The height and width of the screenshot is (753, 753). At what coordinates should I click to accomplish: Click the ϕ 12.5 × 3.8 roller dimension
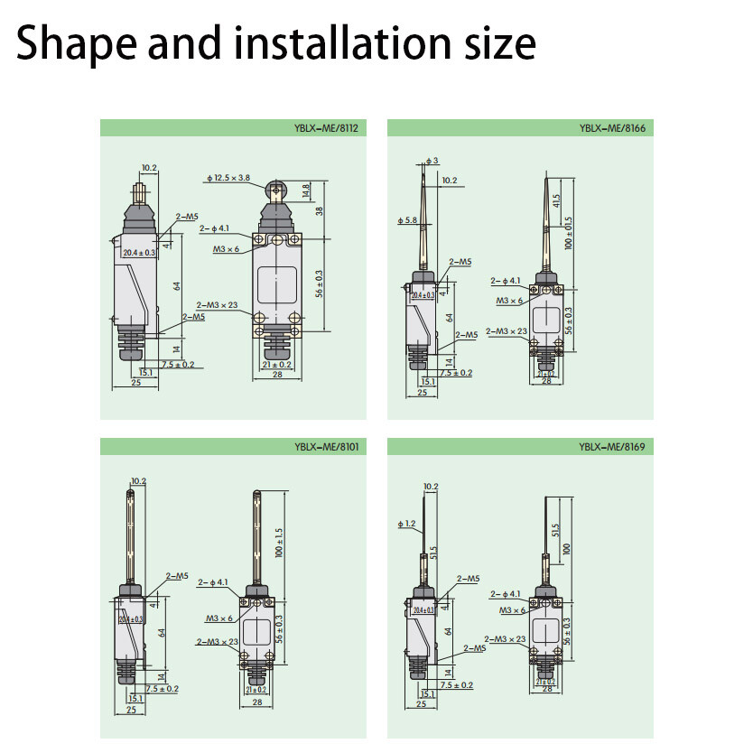pyautogui.click(x=228, y=179)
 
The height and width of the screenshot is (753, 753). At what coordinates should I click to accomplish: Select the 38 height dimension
pyautogui.click(x=319, y=210)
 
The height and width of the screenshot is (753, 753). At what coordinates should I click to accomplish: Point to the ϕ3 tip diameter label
pyautogui.click(x=432, y=161)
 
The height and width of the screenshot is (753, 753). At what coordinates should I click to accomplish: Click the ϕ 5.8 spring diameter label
pyautogui.click(x=407, y=220)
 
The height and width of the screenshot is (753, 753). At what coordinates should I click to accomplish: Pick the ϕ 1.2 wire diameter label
pyautogui.click(x=405, y=524)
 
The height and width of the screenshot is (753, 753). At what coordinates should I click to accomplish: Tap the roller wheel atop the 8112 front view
pyautogui.click(x=277, y=190)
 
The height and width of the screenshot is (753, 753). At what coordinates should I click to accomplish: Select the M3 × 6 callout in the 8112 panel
pyautogui.click(x=226, y=248)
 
